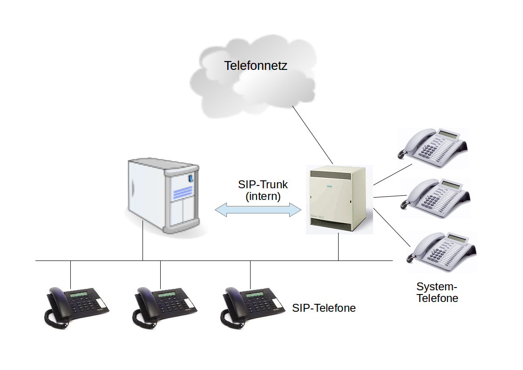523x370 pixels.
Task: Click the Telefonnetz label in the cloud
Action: click(256, 66)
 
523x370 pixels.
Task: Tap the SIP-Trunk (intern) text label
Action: click(263, 191)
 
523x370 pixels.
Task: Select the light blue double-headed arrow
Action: click(258, 210)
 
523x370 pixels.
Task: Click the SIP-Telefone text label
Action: click(324, 308)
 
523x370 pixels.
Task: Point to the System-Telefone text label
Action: click(437, 292)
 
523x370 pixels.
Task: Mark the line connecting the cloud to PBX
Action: click(313, 135)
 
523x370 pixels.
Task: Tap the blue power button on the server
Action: click(190, 178)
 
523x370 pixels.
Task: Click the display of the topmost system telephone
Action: click(448, 134)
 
